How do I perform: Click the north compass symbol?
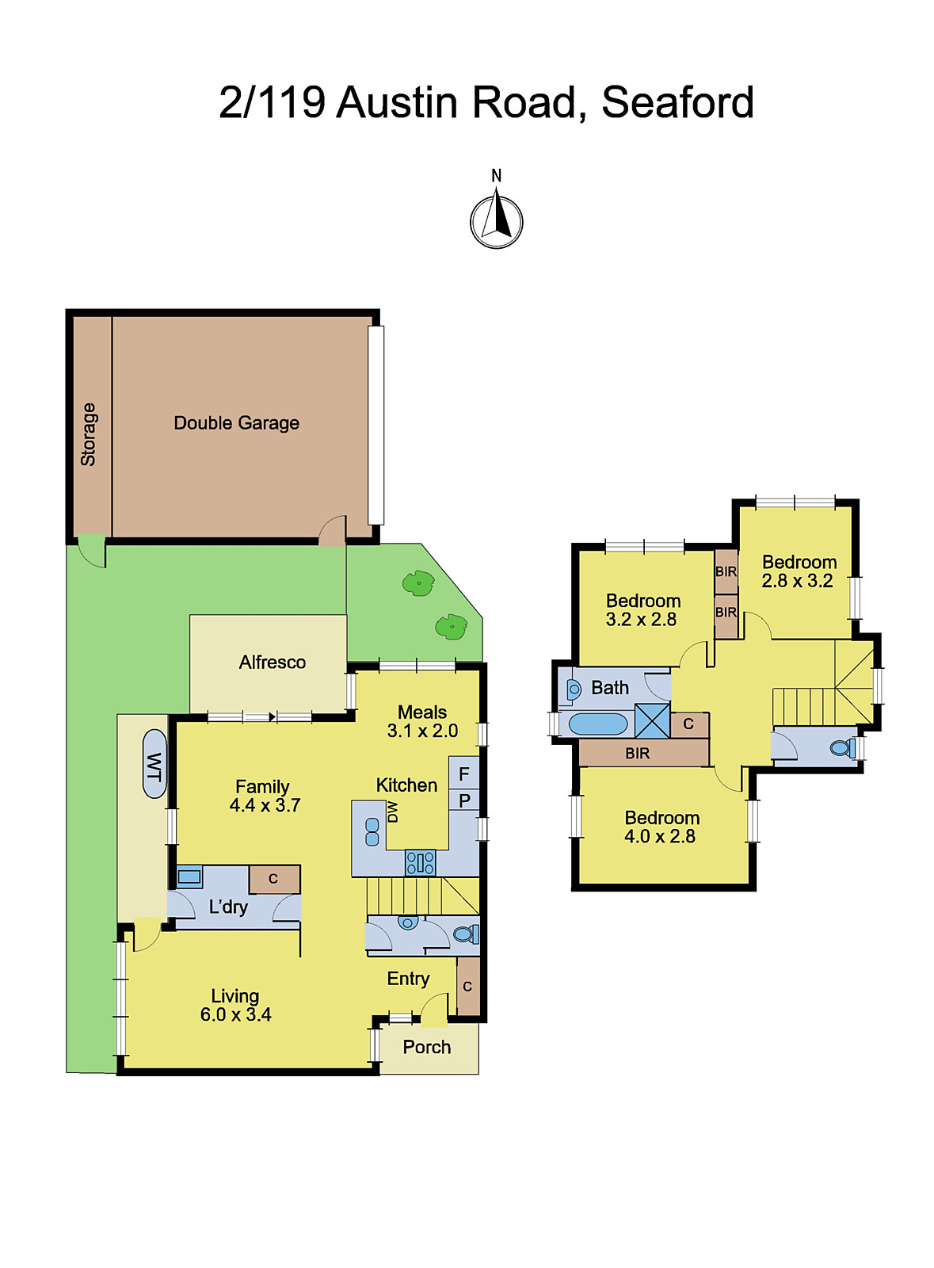coord(497,220)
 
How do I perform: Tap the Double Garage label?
coord(236,423)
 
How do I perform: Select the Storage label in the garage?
coord(88,434)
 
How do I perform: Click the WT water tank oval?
coord(154,764)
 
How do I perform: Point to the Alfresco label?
coord(272,663)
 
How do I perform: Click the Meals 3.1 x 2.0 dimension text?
coord(422,731)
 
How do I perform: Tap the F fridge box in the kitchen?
coord(464,773)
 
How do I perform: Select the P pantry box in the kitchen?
coord(464,800)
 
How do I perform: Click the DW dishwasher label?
coord(392,812)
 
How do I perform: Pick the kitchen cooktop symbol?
coord(420,862)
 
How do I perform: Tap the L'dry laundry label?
coord(228,907)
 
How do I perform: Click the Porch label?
coord(426,1048)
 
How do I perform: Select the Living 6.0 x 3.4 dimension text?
coord(235,1014)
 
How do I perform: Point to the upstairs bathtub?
coord(598,724)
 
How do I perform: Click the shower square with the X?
coord(652,720)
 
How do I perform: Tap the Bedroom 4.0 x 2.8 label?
coord(661,827)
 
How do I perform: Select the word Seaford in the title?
coord(677,103)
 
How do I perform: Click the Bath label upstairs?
coord(610,688)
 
